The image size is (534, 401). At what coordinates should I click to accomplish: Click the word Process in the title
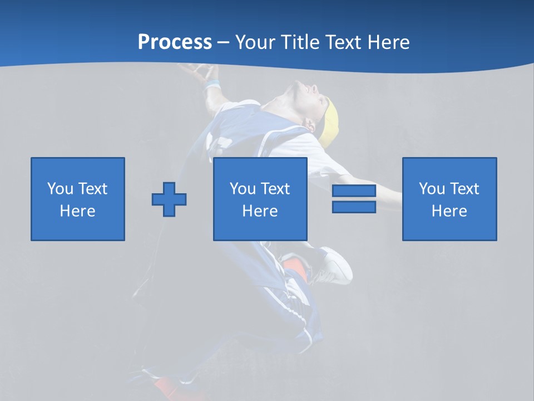point(175,42)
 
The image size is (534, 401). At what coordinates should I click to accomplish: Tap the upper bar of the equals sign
point(354,191)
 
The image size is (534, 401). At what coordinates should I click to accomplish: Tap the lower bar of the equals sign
point(354,207)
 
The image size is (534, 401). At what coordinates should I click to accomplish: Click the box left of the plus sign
point(78,199)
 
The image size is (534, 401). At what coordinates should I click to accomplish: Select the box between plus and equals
point(260,199)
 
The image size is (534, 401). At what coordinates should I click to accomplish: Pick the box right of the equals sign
point(449,199)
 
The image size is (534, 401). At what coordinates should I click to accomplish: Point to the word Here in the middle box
point(260,211)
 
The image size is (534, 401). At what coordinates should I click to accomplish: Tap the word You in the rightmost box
point(432,189)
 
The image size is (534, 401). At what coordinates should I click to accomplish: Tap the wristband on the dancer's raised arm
point(211,85)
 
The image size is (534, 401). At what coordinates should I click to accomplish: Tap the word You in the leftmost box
point(61,189)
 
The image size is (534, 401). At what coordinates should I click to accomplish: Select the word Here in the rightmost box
point(449,211)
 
